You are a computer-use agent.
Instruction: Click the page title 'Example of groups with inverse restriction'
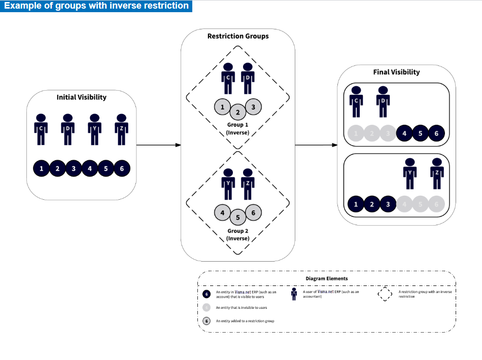click(96, 6)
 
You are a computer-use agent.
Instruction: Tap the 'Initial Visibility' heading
click(81, 97)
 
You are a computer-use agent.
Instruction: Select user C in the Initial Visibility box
click(41, 128)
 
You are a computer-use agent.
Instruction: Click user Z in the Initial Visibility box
click(121, 128)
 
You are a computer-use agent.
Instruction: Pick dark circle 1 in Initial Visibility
click(41, 168)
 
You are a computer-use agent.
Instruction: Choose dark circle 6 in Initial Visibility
click(122, 168)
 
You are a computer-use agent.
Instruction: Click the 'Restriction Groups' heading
click(238, 37)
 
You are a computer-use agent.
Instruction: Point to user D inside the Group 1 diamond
click(247, 78)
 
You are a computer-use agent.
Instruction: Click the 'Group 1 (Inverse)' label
click(237, 128)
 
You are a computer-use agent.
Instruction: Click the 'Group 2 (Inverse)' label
click(237, 234)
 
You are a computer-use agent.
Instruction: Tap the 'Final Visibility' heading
click(396, 72)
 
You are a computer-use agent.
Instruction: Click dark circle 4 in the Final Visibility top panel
click(404, 134)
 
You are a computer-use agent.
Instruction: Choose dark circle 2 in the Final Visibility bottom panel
click(372, 204)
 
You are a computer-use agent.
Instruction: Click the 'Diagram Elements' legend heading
click(327, 278)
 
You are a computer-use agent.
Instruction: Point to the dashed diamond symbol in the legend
click(385, 294)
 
